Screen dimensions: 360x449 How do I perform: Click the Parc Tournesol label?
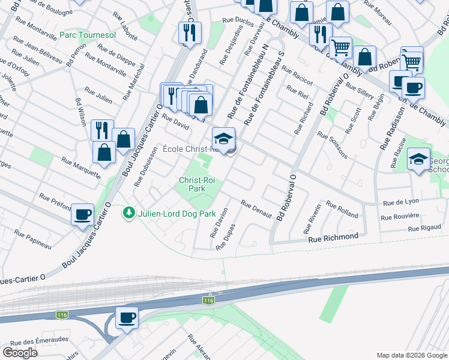point(88,35)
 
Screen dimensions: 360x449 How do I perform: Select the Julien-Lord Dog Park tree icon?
point(128,213)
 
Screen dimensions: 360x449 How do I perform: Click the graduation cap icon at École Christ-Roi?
point(223,138)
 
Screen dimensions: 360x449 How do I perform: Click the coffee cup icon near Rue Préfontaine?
point(82,214)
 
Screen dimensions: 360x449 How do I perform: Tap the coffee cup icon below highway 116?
point(127,317)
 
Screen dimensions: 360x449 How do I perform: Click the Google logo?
point(20,353)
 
